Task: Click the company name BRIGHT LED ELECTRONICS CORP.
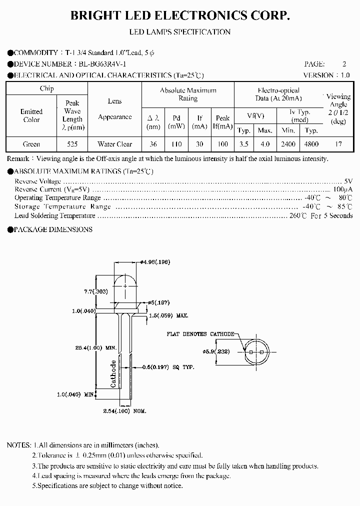[179, 16]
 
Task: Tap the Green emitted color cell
[31, 144]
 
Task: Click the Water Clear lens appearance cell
[114, 144]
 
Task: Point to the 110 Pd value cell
[176, 144]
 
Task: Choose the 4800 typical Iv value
[311, 144]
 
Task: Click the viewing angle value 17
[338, 144]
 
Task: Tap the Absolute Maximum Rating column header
[188, 94]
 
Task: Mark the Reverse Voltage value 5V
[348, 181]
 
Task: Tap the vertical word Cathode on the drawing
[113, 373]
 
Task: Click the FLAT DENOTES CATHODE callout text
[200, 333]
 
